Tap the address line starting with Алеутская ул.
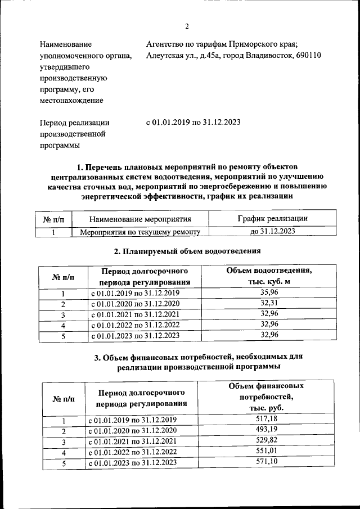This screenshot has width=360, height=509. click(233, 55)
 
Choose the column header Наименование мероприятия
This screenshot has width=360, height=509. click(141, 219)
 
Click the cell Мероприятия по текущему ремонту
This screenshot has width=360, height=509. click(141, 231)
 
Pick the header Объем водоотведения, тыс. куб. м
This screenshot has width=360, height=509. click(269, 276)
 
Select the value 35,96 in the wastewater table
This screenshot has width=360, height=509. click(269, 292)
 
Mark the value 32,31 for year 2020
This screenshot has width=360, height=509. click(269, 303)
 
